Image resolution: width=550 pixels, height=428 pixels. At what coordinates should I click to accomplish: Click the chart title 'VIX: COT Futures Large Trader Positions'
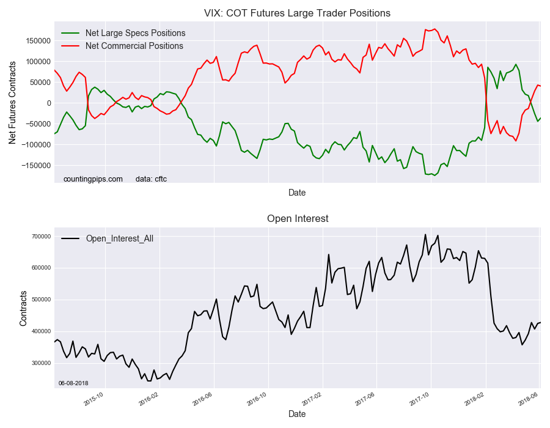coord(297,13)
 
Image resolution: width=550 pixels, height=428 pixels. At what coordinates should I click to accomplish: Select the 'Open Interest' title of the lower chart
coord(297,218)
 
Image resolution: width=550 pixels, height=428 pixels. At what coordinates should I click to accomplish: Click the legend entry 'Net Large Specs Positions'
coord(135,33)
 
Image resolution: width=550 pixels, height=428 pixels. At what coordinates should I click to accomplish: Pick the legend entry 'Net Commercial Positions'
coord(134,46)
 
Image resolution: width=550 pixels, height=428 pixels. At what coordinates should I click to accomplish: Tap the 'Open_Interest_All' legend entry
coord(119,238)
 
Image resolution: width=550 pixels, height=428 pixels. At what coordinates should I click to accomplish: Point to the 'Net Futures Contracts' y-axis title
coord(12,103)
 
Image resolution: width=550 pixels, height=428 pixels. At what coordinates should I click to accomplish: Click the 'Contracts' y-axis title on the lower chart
coord(23,308)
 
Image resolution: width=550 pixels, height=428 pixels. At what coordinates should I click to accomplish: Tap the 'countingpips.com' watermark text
coord(93,179)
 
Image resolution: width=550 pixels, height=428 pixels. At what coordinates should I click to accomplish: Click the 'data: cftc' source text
coord(151,179)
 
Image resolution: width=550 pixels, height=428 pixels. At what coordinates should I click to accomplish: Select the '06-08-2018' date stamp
coord(73,383)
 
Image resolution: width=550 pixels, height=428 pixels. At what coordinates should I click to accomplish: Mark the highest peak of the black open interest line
coord(425,234)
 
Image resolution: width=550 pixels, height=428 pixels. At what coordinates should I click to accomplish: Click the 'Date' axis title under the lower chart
coord(297,414)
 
